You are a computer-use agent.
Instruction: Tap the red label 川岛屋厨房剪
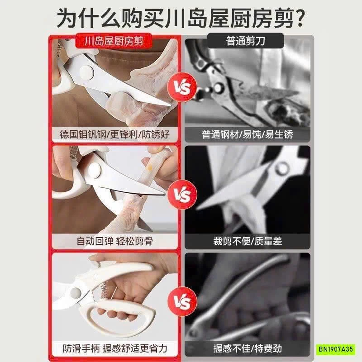click(x=114, y=42)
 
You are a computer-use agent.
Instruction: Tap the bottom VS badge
click(x=180, y=300)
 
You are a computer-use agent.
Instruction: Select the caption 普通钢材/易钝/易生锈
click(x=248, y=134)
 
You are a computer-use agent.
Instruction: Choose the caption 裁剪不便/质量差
click(x=248, y=241)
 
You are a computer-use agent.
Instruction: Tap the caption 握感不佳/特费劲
click(x=248, y=348)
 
